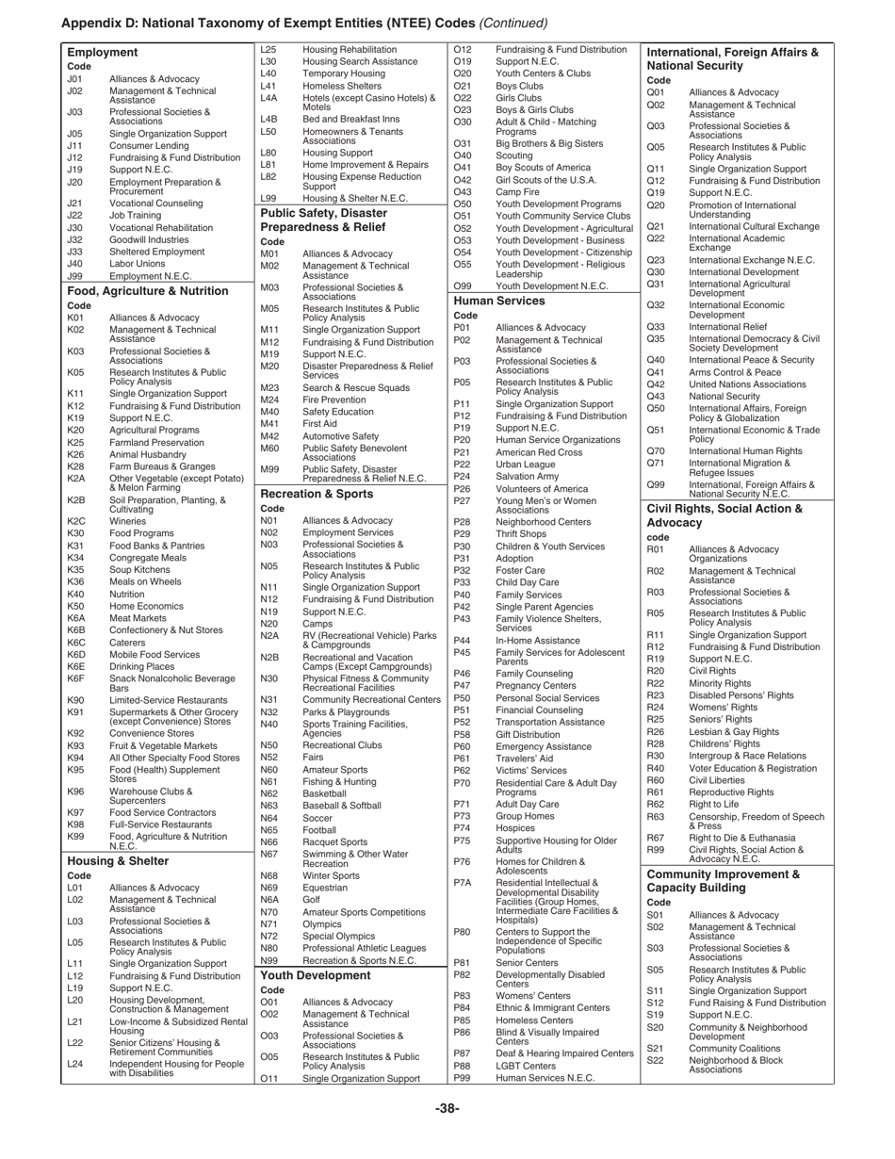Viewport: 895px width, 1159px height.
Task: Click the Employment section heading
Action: point(103,53)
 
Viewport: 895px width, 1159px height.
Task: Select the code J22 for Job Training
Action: point(76,215)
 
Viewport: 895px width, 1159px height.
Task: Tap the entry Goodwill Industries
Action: point(149,239)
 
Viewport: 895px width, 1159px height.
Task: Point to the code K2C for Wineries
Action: point(77,521)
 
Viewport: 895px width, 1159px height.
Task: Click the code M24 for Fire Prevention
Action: point(270,400)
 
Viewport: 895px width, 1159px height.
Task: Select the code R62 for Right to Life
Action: point(657,804)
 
